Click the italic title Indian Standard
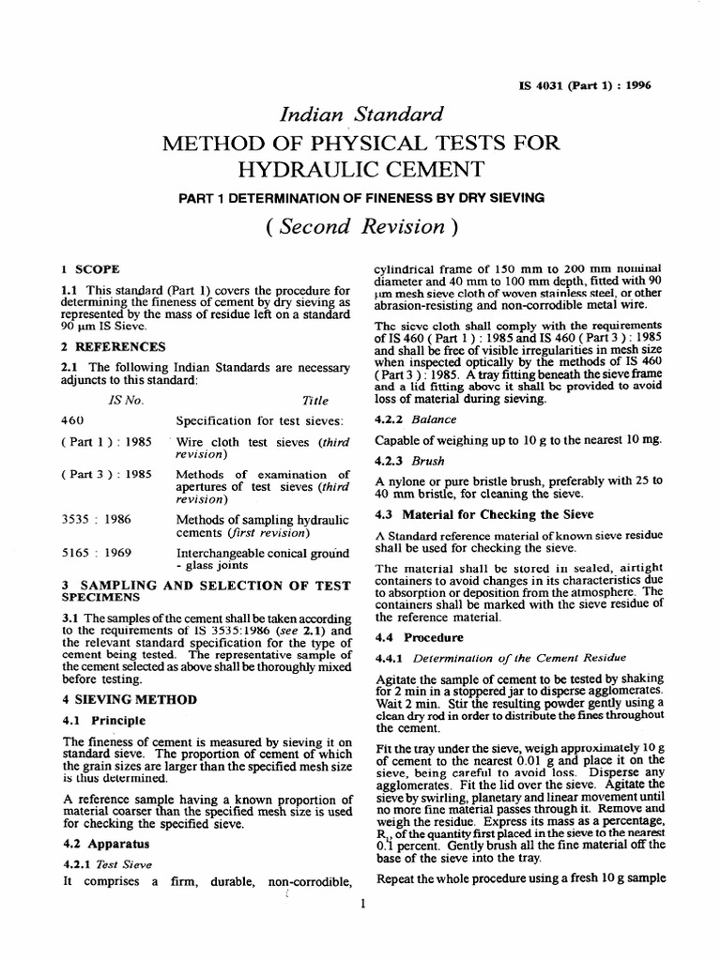click(361, 114)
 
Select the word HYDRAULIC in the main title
click(361, 169)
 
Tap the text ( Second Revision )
click(361, 226)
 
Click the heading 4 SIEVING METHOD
click(129, 699)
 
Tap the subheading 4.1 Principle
click(103, 721)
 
